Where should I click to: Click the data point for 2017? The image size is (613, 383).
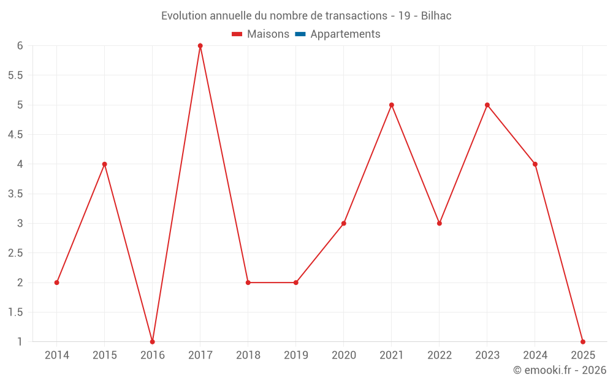pyautogui.click(x=200, y=46)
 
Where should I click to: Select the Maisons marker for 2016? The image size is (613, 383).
pyautogui.click(x=153, y=341)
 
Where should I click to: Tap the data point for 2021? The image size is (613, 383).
pyautogui.click(x=392, y=105)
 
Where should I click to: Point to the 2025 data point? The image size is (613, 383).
pyautogui.click(x=583, y=341)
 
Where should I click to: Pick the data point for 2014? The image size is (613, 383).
pyautogui.click(x=57, y=283)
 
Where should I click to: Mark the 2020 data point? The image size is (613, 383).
pyautogui.click(x=344, y=223)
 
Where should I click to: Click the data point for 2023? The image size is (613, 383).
pyautogui.click(x=487, y=105)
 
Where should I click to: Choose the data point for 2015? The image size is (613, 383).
pyautogui.click(x=105, y=164)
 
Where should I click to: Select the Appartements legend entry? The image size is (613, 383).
pyautogui.click(x=345, y=34)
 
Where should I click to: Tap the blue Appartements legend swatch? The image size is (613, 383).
pyautogui.click(x=300, y=34)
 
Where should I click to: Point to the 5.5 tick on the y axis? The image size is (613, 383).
pyautogui.click(x=15, y=75)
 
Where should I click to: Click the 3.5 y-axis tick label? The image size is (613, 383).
pyautogui.click(x=15, y=194)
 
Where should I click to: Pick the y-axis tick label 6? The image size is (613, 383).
pyautogui.click(x=20, y=46)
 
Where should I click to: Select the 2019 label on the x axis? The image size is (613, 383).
pyautogui.click(x=296, y=355)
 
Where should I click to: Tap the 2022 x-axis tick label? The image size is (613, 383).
pyautogui.click(x=440, y=355)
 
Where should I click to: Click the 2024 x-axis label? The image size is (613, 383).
pyautogui.click(x=535, y=355)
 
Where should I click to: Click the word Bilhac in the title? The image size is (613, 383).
pyautogui.click(x=436, y=16)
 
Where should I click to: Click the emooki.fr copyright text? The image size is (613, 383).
pyautogui.click(x=560, y=370)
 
